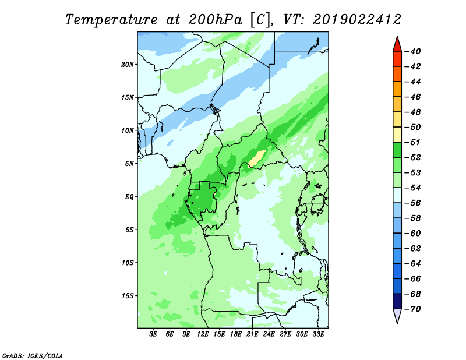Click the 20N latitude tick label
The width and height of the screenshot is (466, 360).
pos(128,65)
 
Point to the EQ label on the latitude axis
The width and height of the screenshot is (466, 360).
pos(129,197)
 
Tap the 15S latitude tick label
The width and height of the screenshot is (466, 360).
pos(128,296)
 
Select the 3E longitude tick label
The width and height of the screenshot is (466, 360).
pos(153,334)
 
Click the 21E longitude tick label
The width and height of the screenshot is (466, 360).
pos(252,334)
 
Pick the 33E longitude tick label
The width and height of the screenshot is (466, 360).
pos(318,334)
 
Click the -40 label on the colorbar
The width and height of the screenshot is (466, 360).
pos(413,51)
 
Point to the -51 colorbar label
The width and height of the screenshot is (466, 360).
pos(413,142)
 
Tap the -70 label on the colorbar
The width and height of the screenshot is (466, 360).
pos(413,309)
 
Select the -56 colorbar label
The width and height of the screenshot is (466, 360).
pos(413,203)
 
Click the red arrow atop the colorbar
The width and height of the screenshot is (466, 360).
pos(397,44)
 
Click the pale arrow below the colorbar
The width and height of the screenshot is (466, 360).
pos(397,316)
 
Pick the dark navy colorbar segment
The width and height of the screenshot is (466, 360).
pos(397,301)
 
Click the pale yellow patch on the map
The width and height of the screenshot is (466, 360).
pos(257,158)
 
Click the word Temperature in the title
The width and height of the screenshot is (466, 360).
pos(111,20)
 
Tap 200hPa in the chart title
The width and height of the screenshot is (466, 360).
pos(215,20)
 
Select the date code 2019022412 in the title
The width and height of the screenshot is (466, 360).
pos(357,20)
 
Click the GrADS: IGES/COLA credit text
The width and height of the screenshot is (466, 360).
pos(33,356)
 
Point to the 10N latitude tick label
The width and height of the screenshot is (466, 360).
pos(128,130)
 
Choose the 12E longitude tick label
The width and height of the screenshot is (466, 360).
pos(203,334)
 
